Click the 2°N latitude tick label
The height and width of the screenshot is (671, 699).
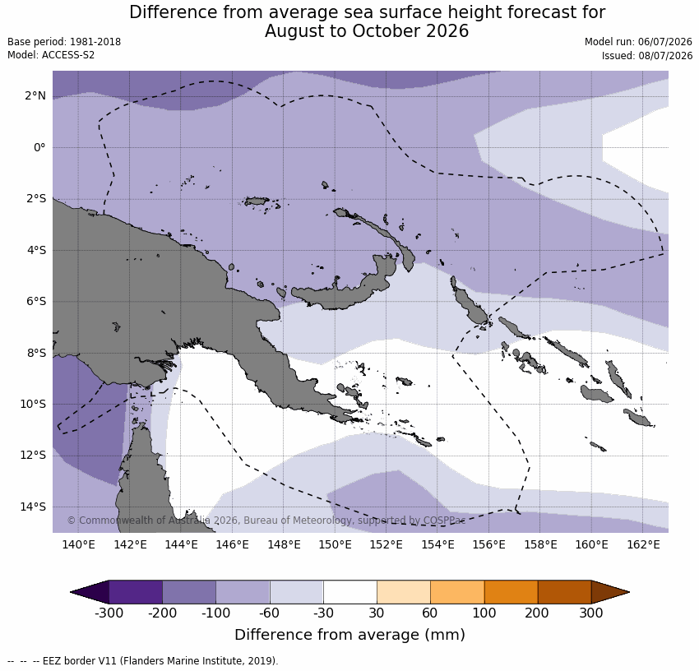35,96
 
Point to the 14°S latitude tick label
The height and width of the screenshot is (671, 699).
33,507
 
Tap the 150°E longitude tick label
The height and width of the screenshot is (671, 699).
336,544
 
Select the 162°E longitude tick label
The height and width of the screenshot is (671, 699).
643,544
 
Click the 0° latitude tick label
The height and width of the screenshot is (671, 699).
39,147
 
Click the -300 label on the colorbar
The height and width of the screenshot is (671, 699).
109,613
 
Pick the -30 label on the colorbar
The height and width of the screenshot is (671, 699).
323,613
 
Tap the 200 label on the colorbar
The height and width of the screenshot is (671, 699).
537,613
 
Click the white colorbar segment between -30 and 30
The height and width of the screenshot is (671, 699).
350,592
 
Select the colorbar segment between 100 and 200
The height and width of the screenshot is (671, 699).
511,592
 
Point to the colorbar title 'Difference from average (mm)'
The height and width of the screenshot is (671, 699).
350,635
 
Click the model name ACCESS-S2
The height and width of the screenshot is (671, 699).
68,55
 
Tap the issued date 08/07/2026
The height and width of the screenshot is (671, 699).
665,56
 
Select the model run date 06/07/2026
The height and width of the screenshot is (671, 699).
665,42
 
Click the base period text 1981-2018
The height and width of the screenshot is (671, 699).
95,42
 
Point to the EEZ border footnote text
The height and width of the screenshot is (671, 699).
142,661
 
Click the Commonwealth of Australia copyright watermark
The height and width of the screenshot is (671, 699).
266,521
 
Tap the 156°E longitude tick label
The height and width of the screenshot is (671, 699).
489,544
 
